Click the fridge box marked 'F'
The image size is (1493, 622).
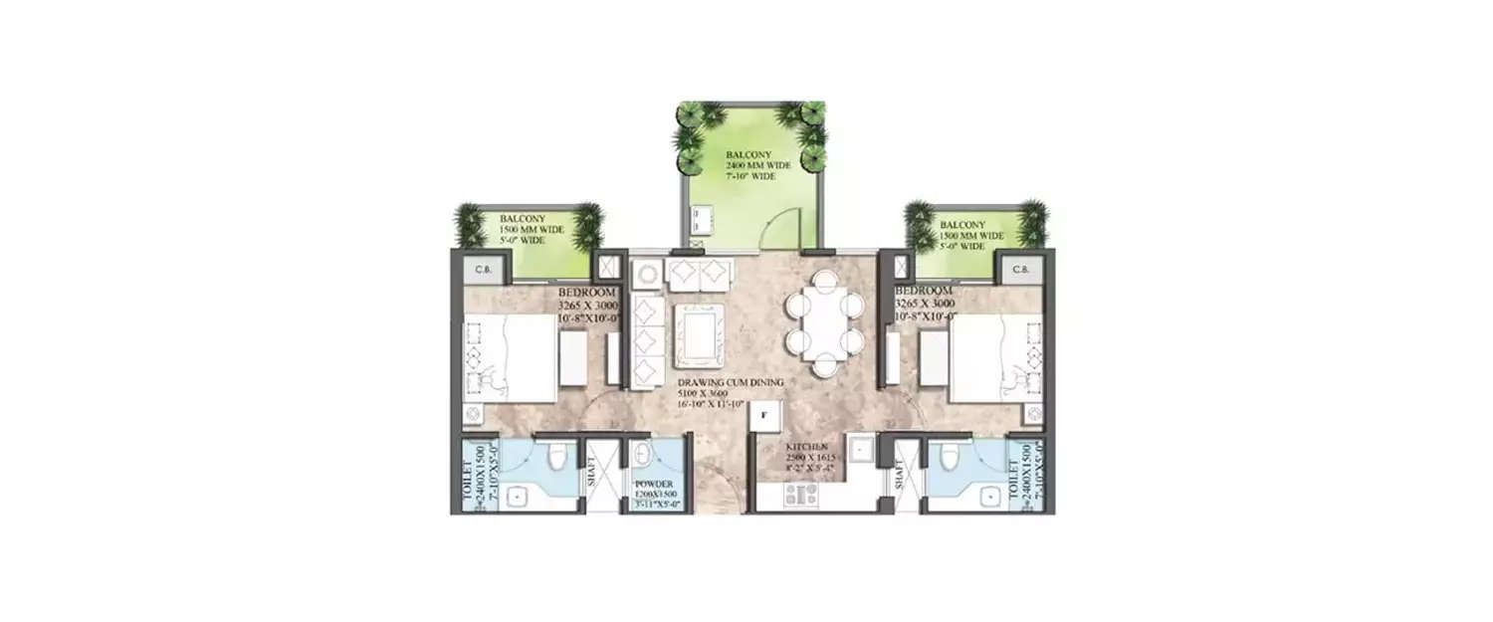764,416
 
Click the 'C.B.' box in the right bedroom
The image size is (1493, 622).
1020,268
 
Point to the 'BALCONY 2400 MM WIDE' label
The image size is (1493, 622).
757,166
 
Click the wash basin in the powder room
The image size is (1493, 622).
644,459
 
